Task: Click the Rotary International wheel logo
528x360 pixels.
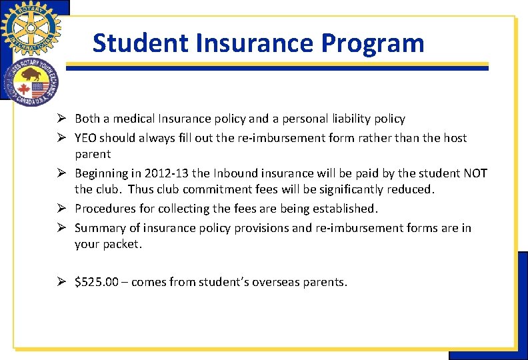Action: pos(30,28)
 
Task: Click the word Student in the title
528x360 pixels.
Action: pos(137,43)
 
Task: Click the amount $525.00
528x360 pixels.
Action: pos(97,282)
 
